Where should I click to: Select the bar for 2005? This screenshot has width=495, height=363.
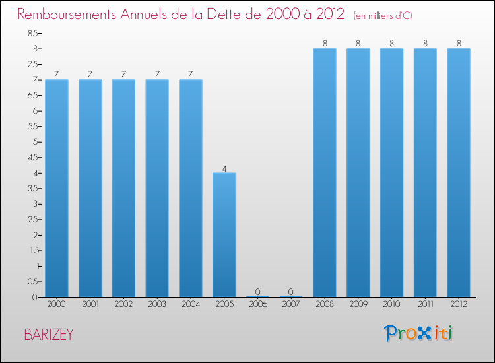[224, 235]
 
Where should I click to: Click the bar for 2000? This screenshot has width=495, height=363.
[57, 188]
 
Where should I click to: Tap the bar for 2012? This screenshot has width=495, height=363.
[459, 172]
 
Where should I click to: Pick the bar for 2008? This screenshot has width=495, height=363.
[325, 172]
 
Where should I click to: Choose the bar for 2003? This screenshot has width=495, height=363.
[157, 188]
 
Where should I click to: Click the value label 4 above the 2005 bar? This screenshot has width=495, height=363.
[224, 168]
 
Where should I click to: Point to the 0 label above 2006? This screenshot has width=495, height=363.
[257, 292]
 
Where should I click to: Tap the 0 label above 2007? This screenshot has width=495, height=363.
[291, 292]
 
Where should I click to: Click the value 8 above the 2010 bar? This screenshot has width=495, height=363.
[392, 44]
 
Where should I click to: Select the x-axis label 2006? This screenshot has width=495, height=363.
[257, 304]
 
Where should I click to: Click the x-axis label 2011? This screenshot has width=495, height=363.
[425, 304]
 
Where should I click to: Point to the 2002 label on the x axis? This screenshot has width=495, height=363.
[123, 304]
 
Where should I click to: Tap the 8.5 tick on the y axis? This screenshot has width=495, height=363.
[32, 33]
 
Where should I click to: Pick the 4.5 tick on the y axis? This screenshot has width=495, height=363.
[32, 157]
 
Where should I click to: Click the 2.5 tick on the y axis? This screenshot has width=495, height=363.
[32, 219]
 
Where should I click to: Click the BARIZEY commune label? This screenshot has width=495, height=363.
[49, 335]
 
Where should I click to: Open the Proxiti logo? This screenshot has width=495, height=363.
[420, 333]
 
